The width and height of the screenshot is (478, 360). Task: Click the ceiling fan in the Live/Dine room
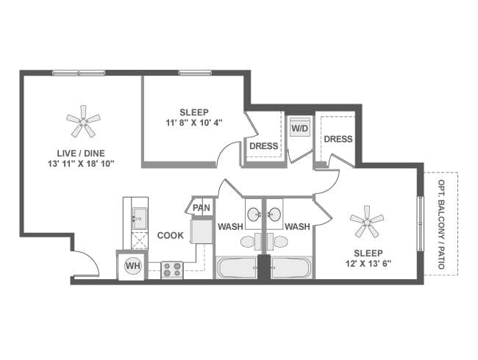[x=82, y=121]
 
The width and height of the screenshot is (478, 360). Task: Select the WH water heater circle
[x=133, y=265]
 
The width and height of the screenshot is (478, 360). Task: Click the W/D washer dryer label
[x=300, y=129]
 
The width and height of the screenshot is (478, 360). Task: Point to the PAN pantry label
[x=201, y=208]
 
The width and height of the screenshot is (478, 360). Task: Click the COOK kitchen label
[x=171, y=236]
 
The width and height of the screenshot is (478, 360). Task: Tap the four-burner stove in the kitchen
[x=172, y=269]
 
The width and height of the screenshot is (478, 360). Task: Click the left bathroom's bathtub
[x=236, y=267]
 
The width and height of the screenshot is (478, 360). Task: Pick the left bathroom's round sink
[x=253, y=215]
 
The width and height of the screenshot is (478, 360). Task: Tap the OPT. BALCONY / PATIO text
[x=441, y=223]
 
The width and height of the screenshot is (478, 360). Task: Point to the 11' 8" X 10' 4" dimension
[x=193, y=123]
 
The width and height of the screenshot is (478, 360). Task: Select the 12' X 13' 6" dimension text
[x=365, y=262]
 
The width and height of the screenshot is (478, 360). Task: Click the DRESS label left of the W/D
[x=263, y=145]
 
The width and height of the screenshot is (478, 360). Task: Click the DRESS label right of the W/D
[x=338, y=139]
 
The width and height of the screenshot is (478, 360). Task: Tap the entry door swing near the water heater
[x=85, y=263]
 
